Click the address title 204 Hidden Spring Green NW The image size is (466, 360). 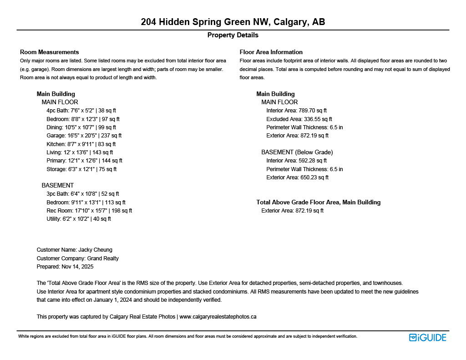tap(233, 22)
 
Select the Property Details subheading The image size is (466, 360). tap(233, 35)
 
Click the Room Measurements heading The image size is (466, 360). tap(49, 52)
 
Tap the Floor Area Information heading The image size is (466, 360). tap(271, 52)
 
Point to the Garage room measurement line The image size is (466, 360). tap(84, 136)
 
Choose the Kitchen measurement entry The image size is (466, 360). tap(81, 144)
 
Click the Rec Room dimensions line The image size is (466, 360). tap(89, 211)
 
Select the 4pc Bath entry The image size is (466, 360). tap(81, 111)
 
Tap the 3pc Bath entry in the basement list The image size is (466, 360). tap(82, 194)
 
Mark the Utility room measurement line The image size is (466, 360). tap(78, 219)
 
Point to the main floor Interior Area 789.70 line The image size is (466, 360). tap(296, 111)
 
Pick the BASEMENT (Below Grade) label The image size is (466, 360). tap(297, 152)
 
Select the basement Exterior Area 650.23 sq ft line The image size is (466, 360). tap(297, 177)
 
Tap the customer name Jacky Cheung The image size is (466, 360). tap(95, 250)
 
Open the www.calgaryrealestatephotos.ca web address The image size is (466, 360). tap(218, 317)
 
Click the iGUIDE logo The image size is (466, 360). tap(427, 337)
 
